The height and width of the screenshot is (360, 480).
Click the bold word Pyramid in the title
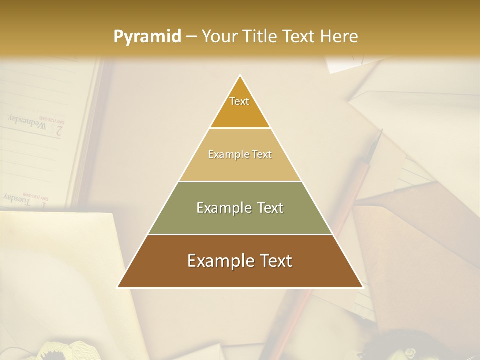pos(147,37)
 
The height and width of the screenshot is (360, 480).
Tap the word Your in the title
pos(219,36)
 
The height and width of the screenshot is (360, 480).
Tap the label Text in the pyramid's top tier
pos(239,101)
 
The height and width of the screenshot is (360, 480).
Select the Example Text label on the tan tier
pos(240,154)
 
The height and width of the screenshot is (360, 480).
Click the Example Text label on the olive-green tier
pos(240,208)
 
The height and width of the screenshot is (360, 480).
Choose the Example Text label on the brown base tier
pos(240,261)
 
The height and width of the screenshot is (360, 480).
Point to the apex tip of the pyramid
pos(240,75)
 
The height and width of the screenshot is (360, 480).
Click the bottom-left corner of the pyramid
pos(118,287)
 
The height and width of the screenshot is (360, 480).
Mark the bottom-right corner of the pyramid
pos(362,287)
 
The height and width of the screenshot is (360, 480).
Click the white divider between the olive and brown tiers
pos(240,234)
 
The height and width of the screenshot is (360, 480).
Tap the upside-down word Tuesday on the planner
pos(18,199)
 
